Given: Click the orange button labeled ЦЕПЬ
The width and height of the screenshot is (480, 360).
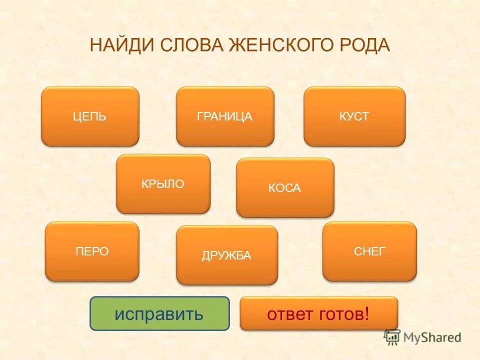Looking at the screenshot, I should tap(90, 116).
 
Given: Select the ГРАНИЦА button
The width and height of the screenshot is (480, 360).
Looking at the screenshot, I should tap(225, 116).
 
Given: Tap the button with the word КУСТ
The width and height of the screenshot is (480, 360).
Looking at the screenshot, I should tap(354, 116).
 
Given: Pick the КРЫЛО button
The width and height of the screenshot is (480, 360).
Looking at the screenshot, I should tap(163, 184).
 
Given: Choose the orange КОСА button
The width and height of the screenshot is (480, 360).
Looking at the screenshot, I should tap(285, 188).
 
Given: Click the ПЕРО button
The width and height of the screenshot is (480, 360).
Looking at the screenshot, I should tap(92, 251).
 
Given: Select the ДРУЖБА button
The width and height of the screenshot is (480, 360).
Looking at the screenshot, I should tap(226, 255).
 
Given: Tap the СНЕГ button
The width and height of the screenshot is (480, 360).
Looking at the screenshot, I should tap(369, 251).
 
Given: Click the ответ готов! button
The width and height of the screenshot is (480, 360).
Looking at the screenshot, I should tap(319, 314).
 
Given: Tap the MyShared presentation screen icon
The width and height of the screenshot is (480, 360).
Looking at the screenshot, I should tap(392, 337).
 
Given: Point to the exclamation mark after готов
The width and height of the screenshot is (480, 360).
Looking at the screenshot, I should tap(367, 314).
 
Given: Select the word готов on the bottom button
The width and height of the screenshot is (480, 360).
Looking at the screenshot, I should tap(339, 314).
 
